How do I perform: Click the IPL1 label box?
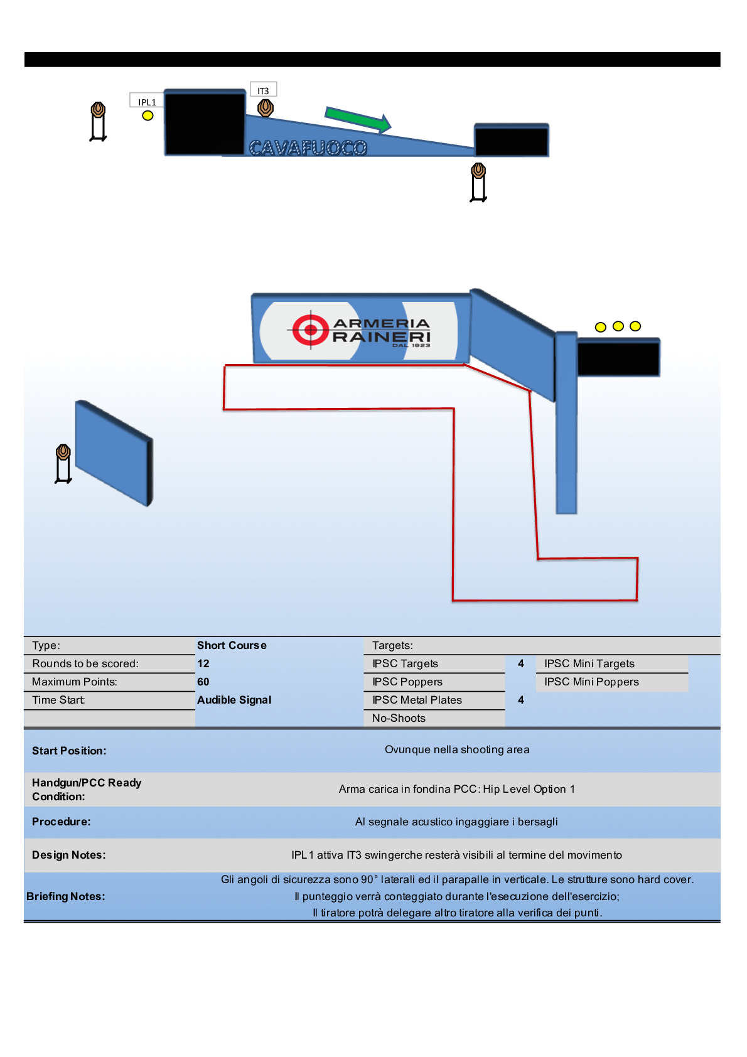(147, 102)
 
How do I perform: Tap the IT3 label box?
(263, 90)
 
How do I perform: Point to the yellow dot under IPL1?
(148, 115)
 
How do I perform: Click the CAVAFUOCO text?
(308, 148)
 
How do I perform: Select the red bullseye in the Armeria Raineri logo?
(311, 329)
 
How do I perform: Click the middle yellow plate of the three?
(618, 326)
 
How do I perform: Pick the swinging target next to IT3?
(266, 108)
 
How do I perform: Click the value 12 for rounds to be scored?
(203, 663)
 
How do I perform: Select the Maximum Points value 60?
(203, 682)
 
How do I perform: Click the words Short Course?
(232, 645)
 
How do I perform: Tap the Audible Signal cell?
(234, 700)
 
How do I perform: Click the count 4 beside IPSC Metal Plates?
(521, 700)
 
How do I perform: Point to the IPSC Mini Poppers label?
(591, 682)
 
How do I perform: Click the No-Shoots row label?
(399, 718)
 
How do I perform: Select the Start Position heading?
(69, 751)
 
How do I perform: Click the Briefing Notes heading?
(66, 896)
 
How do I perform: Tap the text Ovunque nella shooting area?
(457, 749)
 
